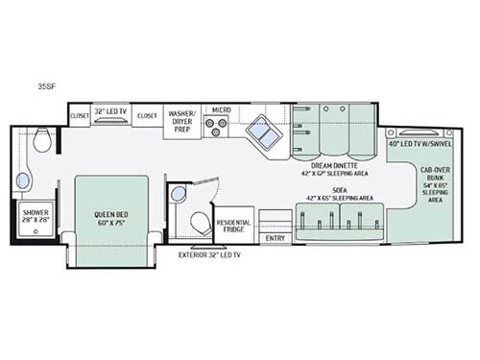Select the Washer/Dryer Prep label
(184, 118)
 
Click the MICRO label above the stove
(222, 109)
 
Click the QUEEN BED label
(112, 216)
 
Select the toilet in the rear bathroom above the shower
(41, 143)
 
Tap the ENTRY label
(276, 237)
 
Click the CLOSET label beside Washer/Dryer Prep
(147, 115)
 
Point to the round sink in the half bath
(179, 194)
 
